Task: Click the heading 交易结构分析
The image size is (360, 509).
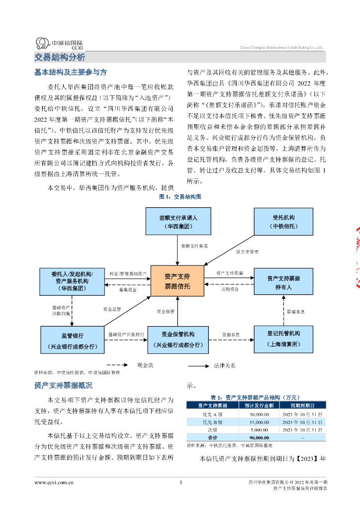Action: (60, 58)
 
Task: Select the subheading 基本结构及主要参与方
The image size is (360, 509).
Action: (71, 72)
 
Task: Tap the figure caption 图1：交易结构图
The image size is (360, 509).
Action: (180, 197)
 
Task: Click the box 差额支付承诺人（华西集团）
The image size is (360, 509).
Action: (178, 221)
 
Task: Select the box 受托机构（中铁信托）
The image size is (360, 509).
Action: (283, 222)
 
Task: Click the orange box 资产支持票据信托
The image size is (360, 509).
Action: (177, 281)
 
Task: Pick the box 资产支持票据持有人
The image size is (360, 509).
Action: (283, 282)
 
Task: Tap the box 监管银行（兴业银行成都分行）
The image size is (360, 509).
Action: (73, 340)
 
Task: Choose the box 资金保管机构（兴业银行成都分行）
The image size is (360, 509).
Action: (178, 340)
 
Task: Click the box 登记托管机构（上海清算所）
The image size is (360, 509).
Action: (283, 339)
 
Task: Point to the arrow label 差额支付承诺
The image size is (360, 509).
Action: (194, 246)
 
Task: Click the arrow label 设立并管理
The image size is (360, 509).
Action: (247, 252)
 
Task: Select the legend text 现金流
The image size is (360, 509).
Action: (145, 365)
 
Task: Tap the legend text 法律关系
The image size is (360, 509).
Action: (225, 365)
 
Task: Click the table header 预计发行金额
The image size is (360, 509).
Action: (259, 406)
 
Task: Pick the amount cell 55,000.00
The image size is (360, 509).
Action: (260, 423)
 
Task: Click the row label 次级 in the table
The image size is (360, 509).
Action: (213, 430)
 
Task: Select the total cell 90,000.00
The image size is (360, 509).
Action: (260, 437)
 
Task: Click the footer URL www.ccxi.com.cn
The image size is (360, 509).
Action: (54, 483)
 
